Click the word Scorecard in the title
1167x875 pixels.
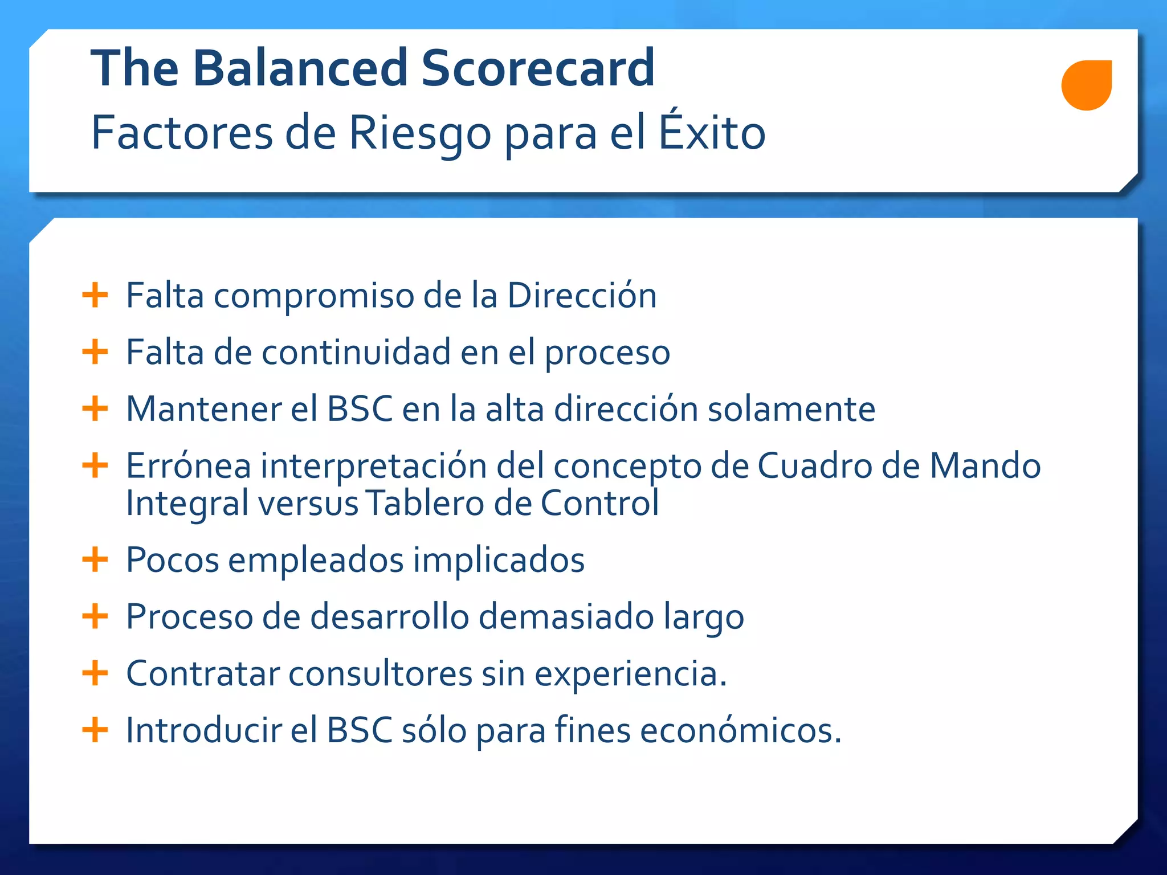point(538,68)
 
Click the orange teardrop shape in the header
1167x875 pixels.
point(1086,85)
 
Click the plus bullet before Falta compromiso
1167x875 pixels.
point(95,295)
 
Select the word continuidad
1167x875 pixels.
point(356,352)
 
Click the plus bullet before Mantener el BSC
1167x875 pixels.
point(95,408)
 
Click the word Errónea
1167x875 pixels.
point(188,465)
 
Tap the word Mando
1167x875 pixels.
point(985,465)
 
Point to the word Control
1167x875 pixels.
point(599,503)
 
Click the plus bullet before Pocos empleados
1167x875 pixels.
point(95,559)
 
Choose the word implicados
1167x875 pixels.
point(499,560)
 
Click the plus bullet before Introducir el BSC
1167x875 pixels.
point(95,730)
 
